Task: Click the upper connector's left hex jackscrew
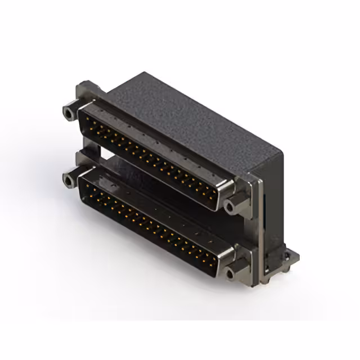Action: (x=69, y=112)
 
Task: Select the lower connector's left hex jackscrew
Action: (x=69, y=180)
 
